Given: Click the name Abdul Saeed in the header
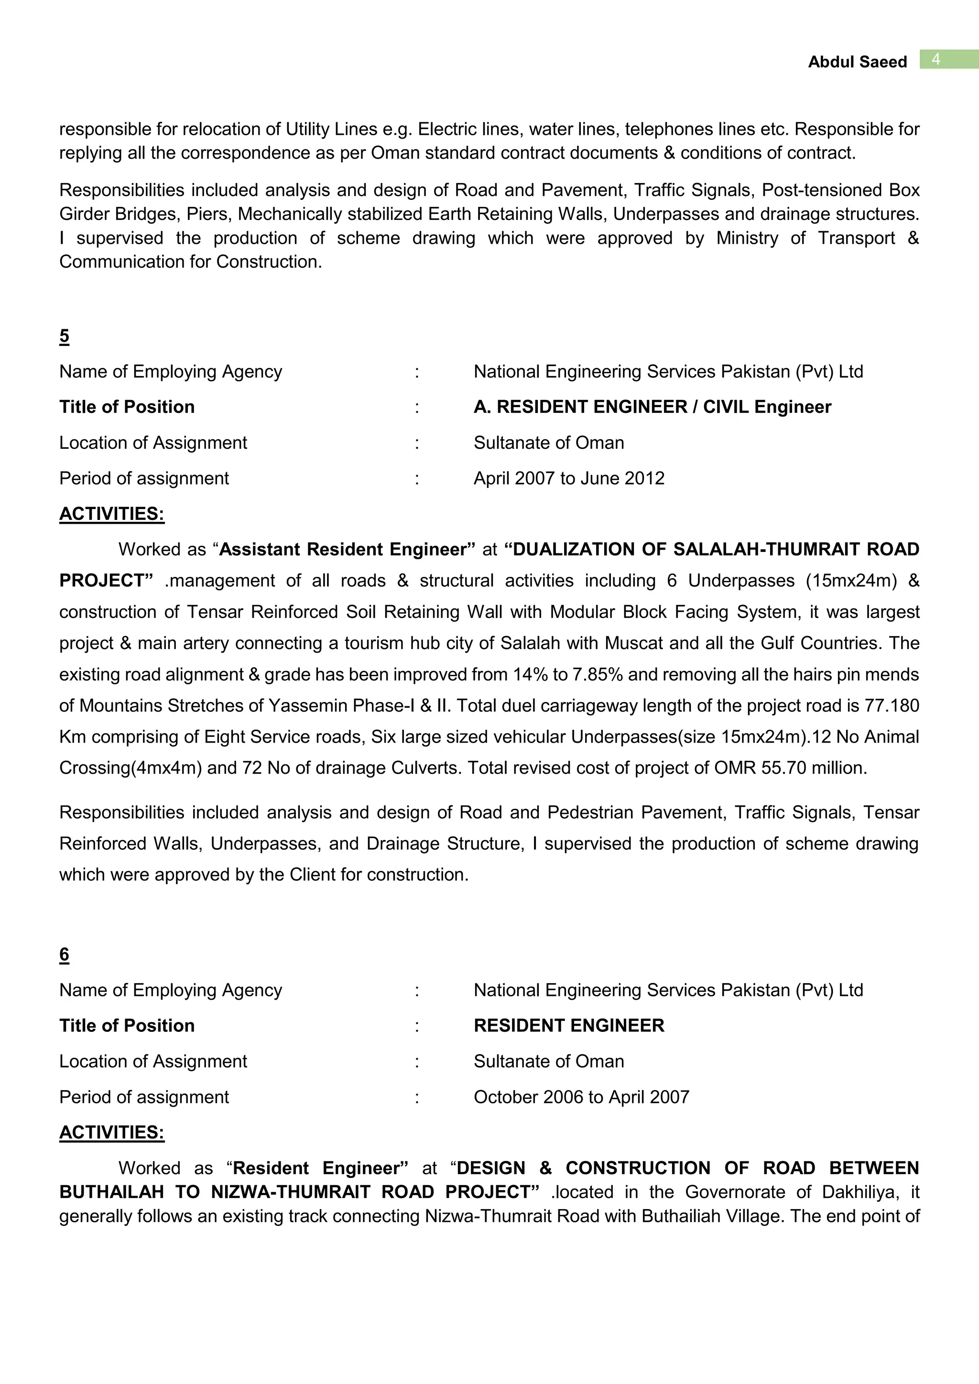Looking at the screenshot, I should [x=857, y=62].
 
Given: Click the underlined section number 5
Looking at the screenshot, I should [x=64, y=336].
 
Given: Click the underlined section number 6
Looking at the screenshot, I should [x=64, y=954].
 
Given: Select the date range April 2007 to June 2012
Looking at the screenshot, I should [x=568, y=478].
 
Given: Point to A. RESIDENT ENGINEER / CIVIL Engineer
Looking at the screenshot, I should [x=652, y=407].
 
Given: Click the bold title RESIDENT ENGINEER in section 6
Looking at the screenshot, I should [x=568, y=1026].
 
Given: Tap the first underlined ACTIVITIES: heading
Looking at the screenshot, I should [x=111, y=514].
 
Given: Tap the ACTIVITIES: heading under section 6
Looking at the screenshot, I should [x=111, y=1132].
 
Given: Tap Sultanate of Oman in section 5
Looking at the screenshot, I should [x=549, y=443].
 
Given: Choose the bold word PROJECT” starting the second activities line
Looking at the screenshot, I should [x=106, y=581].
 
